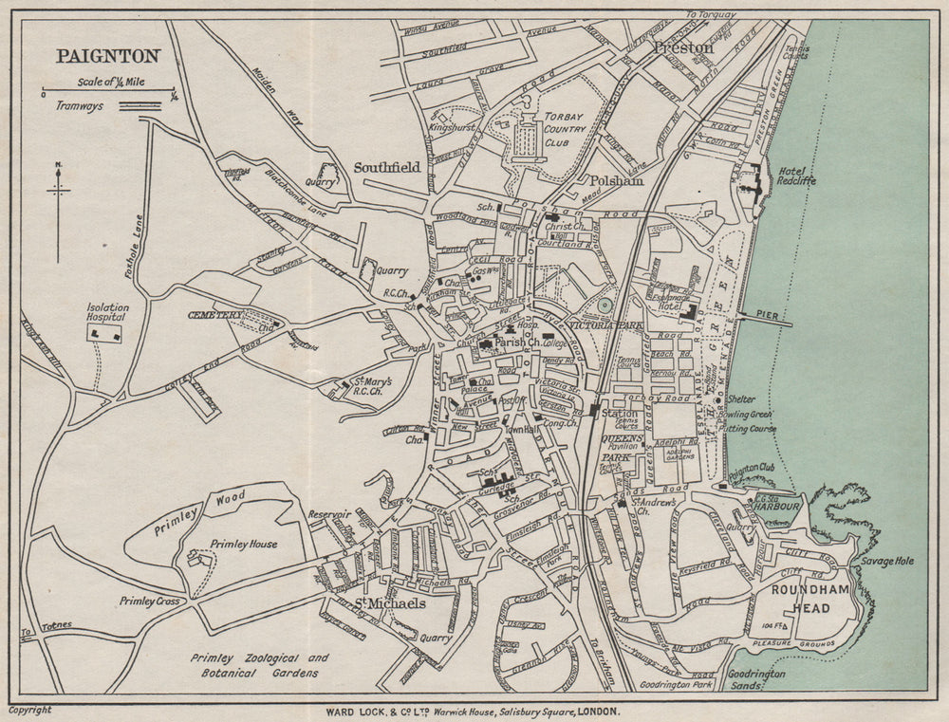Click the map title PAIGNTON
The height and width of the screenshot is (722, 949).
pos(107,56)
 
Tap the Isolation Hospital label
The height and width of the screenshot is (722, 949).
pos(107,313)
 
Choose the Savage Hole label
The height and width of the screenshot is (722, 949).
pos(887,562)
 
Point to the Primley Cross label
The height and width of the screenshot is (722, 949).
pos(150,601)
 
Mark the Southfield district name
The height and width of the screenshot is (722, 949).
pos(386,167)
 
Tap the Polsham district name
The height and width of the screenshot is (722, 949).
pos(616,179)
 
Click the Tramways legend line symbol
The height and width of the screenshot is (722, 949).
pos(138,108)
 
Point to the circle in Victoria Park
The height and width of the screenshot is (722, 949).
pos(605,305)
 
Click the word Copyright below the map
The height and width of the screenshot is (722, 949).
pos(29,710)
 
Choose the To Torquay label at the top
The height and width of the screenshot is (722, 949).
pos(711,15)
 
